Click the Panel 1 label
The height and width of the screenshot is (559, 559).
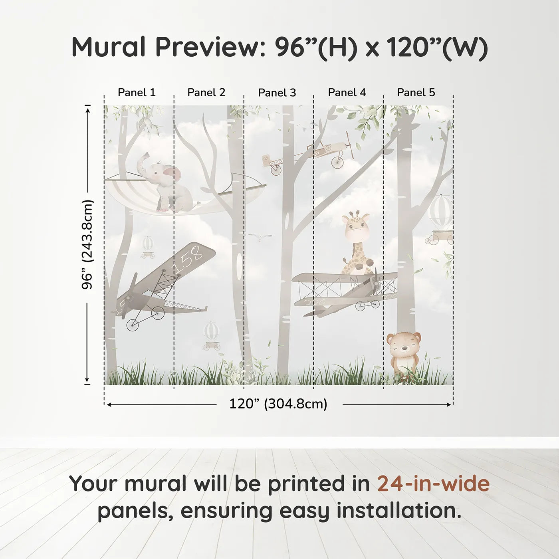[137, 93]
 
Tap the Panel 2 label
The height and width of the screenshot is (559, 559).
[206, 93]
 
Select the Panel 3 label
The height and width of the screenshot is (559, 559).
[277, 93]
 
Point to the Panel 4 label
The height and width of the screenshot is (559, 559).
[347, 93]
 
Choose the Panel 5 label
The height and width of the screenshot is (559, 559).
[416, 93]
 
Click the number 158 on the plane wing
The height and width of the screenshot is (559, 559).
[187, 260]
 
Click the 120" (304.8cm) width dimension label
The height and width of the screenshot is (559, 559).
[278, 404]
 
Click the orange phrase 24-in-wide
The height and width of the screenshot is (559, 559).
[433, 484]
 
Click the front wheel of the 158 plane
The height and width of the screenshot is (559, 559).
[133, 325]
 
